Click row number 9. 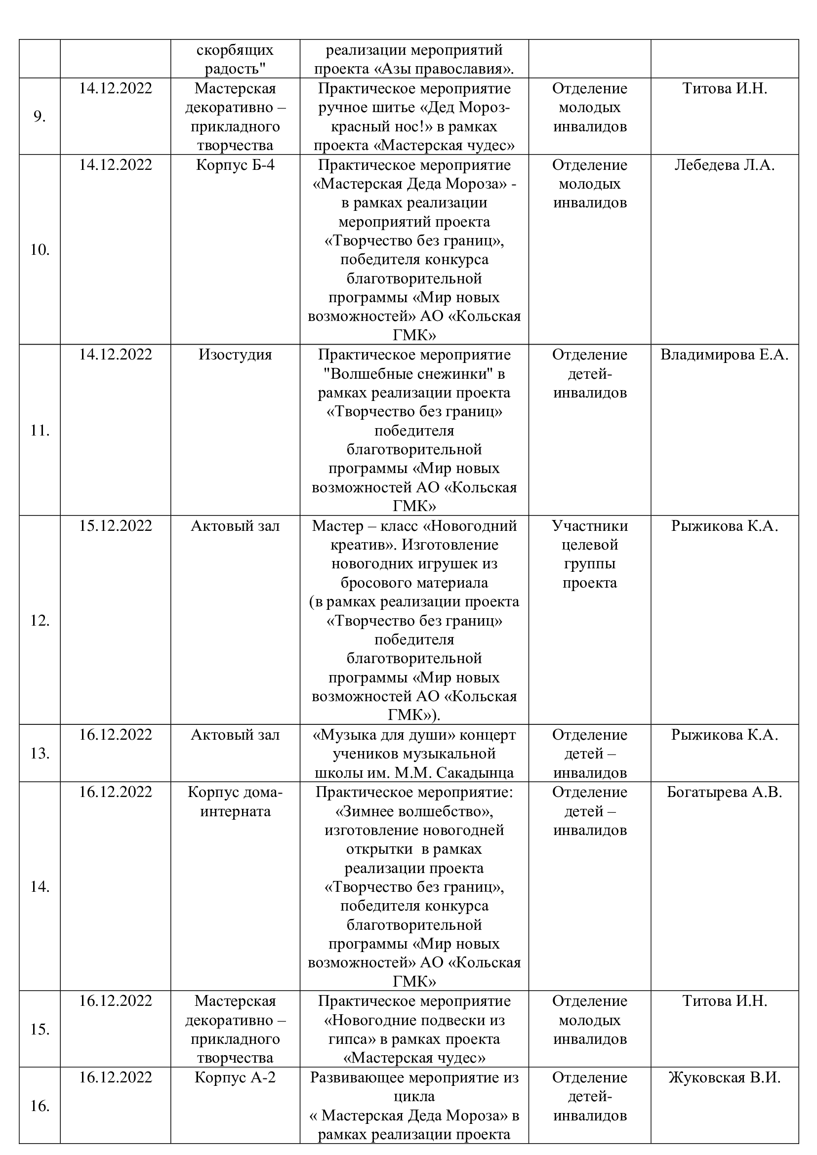tap(39, 117)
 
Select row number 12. tap(40, 620)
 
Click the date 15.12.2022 tap(115, 526)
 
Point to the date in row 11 tap(115, 355)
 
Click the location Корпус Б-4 tap(235, 165)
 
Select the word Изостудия tap(235, 355)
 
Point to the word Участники tap(590, 526)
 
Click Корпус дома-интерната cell tap(235, 802)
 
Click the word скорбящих tap(235, 50)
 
